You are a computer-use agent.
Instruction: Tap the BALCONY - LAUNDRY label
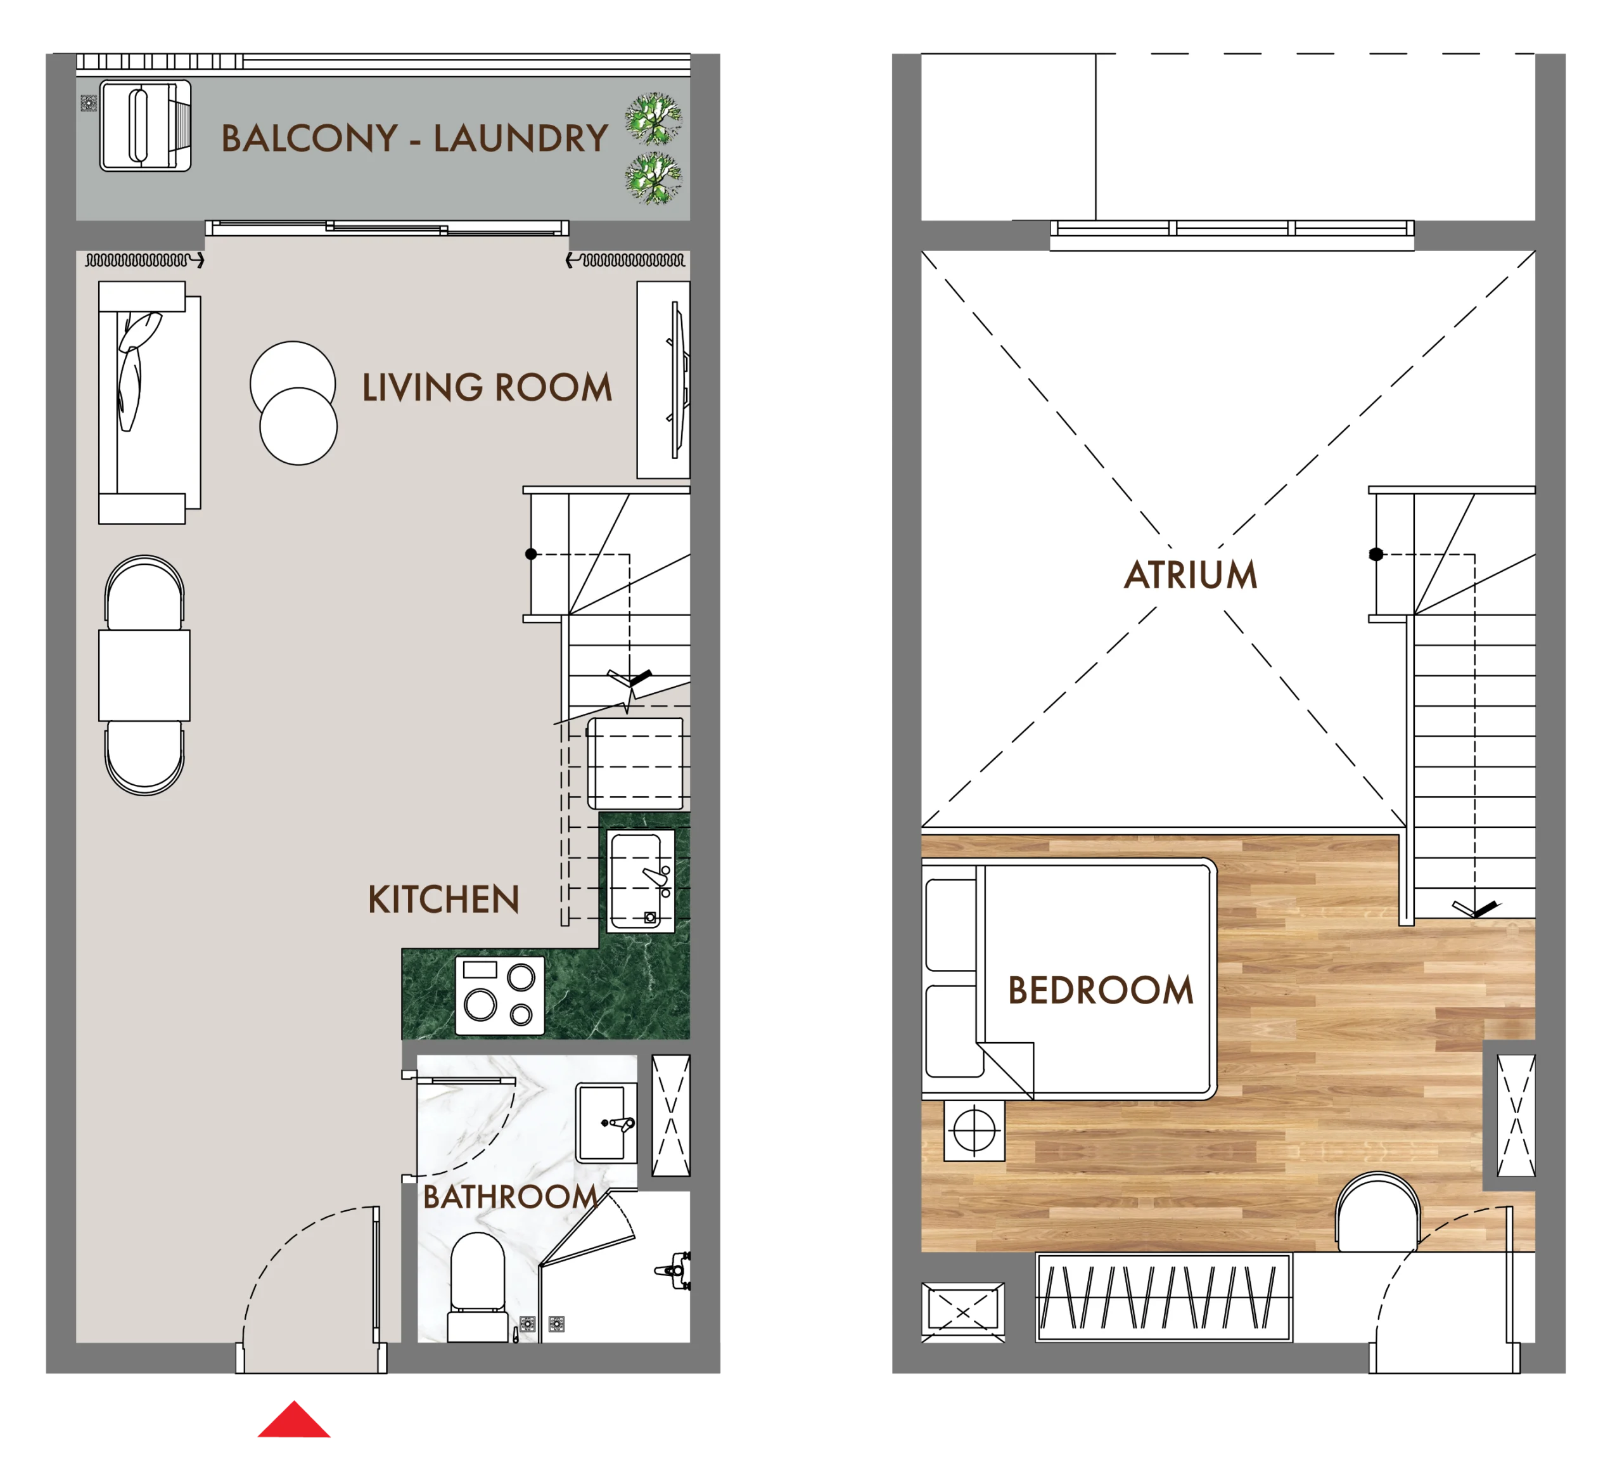click(414, 138)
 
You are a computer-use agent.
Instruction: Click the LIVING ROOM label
click(487, 387)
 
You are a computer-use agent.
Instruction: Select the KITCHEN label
click(444, 899)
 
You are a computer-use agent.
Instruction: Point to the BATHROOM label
click(510, 1197)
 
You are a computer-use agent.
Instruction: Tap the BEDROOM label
click(1100, 990)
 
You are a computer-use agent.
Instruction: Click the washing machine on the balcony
click(146, 126)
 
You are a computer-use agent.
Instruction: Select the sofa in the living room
click(150, 403)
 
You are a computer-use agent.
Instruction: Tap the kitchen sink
click(641, 881)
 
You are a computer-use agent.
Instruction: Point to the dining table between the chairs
click(144, 675)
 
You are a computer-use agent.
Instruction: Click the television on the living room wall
click(678, 379)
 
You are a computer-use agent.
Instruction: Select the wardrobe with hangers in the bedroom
click(1163, 1298)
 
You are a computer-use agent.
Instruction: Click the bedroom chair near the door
click(1377, 1213)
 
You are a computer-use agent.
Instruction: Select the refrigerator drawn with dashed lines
click(635, 763)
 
